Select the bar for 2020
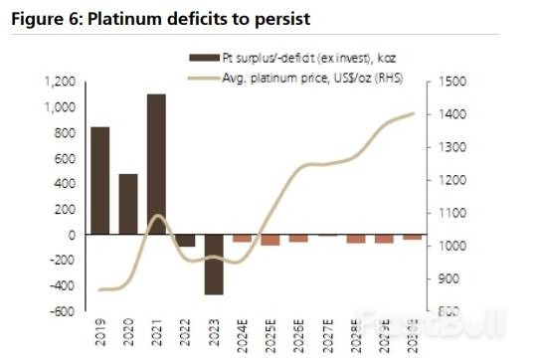tap(128, 204)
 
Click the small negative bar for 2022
tap(185, 241)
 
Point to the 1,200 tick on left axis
tap(61, 82)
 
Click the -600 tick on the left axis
tap(63, 311)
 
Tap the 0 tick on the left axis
tap(73, 235)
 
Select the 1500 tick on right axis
tap(445, 83)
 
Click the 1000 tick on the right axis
tap(445, 247)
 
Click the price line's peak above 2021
tap(156, 216)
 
